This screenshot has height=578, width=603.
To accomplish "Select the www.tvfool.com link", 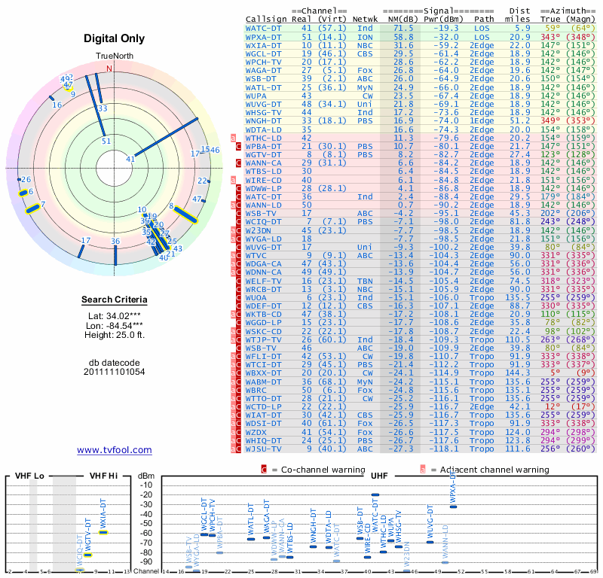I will (x=114, y=450).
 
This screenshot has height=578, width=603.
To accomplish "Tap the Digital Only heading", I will (x=114, y=39).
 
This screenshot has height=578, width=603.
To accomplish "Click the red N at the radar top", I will (x=109, y=68).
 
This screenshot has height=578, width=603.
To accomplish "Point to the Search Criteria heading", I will (x=114, y=300).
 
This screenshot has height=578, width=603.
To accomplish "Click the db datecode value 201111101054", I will (x=114, y=372).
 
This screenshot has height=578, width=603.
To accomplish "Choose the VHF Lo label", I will (x=28, y=476).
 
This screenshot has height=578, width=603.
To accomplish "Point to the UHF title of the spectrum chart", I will (x=379, y=476).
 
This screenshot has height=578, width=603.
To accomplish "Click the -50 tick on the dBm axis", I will (x=145, y=523).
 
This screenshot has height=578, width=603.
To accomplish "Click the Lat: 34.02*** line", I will (x=114, y=316).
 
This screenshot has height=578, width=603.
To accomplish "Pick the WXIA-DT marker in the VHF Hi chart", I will (x=103, y=532).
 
